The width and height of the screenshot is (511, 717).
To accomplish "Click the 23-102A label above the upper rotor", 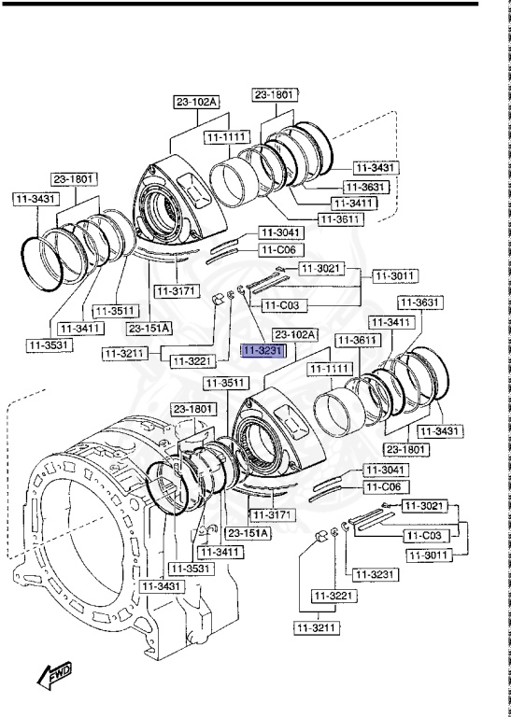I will pyautogui.click(x=194, y=103).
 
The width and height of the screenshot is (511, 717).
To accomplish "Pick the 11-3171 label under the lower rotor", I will pyautogui.click(x=271, y=515).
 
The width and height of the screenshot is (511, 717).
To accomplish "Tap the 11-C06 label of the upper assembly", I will pyautogui.click(x=277, y=250).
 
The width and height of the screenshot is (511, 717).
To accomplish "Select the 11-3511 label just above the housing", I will pyautogui.click(x=225, y=383).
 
